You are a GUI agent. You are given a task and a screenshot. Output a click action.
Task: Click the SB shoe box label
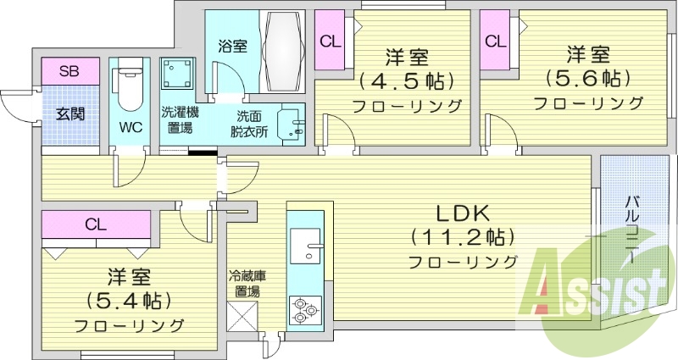click(x=69, y=71)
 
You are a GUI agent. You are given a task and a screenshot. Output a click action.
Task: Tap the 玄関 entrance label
click(x=70, y=113)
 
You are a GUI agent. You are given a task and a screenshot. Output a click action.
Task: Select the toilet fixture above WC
click(x=129, y=86)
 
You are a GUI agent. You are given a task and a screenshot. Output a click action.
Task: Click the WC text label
click(x=130, y=128)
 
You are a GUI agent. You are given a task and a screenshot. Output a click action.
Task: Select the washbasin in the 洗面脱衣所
click(x=291, y=125)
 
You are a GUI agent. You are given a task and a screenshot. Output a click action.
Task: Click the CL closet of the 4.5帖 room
click(x=329, y=41)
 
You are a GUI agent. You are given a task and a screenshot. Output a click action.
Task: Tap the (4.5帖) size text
click(x=406, y=82)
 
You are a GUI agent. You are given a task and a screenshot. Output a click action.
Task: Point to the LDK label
click(x=464, y=213)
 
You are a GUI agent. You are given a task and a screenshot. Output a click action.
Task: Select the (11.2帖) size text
click(x=464, y=236)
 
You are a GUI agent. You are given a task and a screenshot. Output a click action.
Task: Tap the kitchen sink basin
click(x=306, y=244)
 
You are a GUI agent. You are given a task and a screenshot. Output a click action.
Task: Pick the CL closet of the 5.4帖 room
click(x=95, y=224)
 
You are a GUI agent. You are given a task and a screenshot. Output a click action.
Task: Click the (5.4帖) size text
click(x=129, y=300)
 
